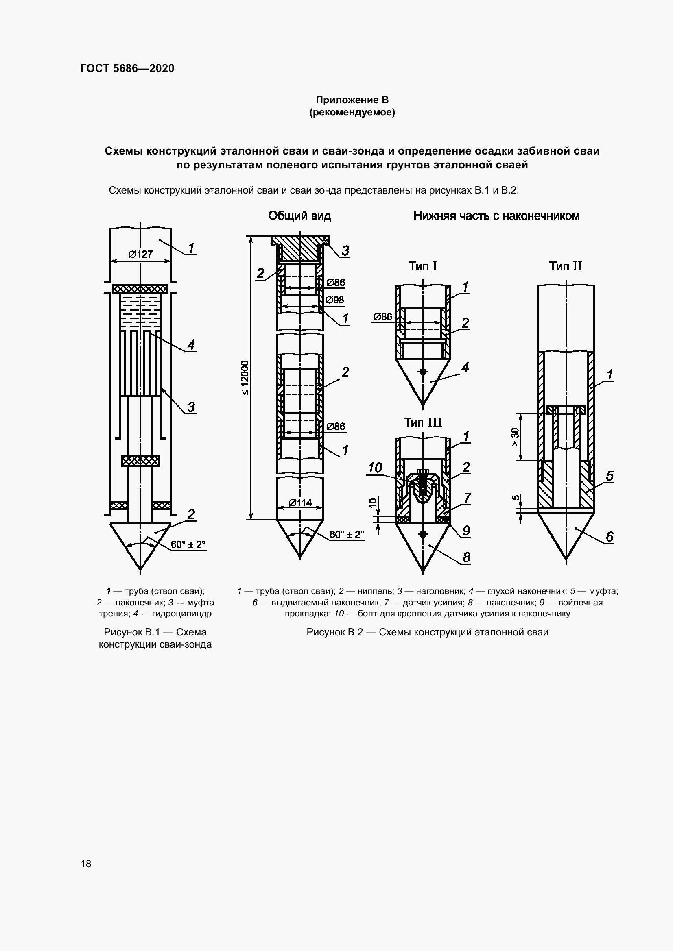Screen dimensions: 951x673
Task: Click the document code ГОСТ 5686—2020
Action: click(x=127, y=69)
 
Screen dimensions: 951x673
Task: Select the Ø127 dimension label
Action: click(x=140, y=254)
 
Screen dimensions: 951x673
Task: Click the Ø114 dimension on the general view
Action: click(x=300, y=503)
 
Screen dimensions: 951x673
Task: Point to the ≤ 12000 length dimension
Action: click(x=245, y=378)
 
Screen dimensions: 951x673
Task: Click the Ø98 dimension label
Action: click(x=334, y=300)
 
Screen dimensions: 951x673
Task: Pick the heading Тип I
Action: click(x=423, y=266)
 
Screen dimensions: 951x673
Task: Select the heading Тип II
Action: click(x=566, y=266)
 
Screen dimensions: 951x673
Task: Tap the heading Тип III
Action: click(x=423, y=422)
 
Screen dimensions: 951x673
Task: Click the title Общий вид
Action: click(x=299, y=216)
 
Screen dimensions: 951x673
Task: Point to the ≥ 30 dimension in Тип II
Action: click(x=515, y=437)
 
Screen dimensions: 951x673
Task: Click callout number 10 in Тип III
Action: click(x=375, y=468)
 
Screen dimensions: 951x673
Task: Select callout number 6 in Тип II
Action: click(x=610, y=537)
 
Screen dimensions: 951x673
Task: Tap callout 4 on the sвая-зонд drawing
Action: click(x=191, y=345)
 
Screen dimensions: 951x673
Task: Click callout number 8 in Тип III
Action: click(x=466, y=557)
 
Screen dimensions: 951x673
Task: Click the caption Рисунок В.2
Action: click(x=427, y=632)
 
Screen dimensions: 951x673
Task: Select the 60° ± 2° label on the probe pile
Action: click(x=188, y=545)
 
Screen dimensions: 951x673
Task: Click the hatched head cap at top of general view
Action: click(x=299, y=247)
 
